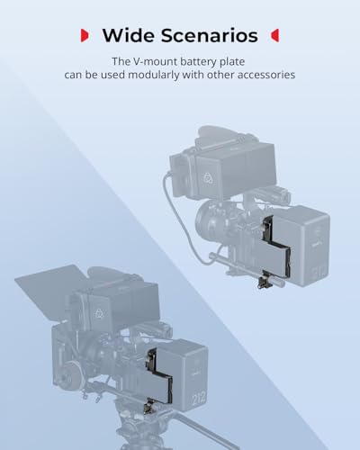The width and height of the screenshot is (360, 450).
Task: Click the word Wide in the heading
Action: coord(128,35)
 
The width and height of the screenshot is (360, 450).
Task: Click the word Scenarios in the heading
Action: coord(210,35)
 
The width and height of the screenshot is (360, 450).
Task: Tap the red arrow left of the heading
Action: coord(85,35)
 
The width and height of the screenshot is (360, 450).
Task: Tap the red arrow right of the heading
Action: coord(274,35)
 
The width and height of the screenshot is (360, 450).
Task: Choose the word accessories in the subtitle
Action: coord(266,75)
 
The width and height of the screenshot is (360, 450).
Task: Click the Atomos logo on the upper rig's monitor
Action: coord(208,178)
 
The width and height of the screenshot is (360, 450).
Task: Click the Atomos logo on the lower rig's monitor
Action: coord(100,313)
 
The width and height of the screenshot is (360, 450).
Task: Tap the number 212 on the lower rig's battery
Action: coord(199,398)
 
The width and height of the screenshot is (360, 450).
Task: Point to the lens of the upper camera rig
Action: coord(209,220)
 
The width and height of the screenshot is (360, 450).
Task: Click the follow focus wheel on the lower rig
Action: coord(72,373)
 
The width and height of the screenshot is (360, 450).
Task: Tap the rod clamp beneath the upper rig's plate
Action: coord(266,280)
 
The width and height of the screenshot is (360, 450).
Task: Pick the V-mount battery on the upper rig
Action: coord(300,246)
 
